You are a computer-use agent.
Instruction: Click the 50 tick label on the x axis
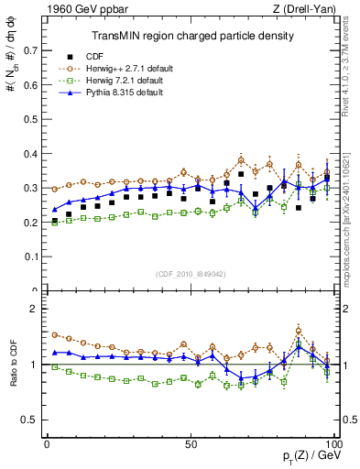191,443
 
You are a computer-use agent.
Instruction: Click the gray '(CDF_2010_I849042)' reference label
191,272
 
